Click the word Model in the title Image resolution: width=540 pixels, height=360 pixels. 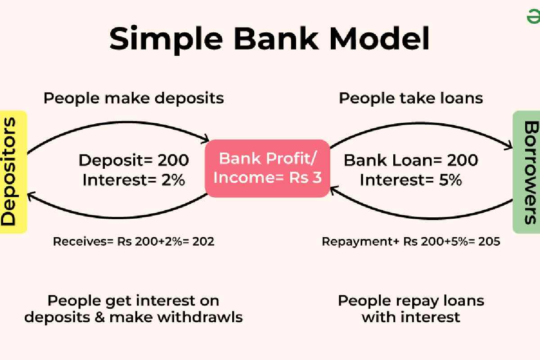tap(379, 38)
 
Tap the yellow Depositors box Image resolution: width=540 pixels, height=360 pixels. tap(13, 172)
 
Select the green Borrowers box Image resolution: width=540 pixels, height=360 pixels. tap(526, 172)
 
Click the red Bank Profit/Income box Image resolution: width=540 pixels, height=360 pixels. tap(267, 168)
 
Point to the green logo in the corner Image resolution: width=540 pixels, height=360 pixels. tap(533, 16)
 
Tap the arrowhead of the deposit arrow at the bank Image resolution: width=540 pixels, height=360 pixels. tap(205, 139)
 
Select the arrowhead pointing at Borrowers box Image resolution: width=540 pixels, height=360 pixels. tap(508, 145)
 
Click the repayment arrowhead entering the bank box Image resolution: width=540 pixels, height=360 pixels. tap(333, 190)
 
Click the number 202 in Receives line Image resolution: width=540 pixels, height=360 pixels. tap(203, 242)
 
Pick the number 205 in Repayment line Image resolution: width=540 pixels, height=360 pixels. tap(489, 242)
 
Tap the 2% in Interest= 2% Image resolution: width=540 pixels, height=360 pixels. tap(173, 180)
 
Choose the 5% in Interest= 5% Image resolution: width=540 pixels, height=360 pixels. tap(450, 180)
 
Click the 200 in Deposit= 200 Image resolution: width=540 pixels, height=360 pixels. tap(173, 160)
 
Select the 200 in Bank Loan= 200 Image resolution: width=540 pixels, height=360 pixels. tap(463, 160)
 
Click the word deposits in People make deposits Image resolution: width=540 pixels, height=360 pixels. tap(189, 99)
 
